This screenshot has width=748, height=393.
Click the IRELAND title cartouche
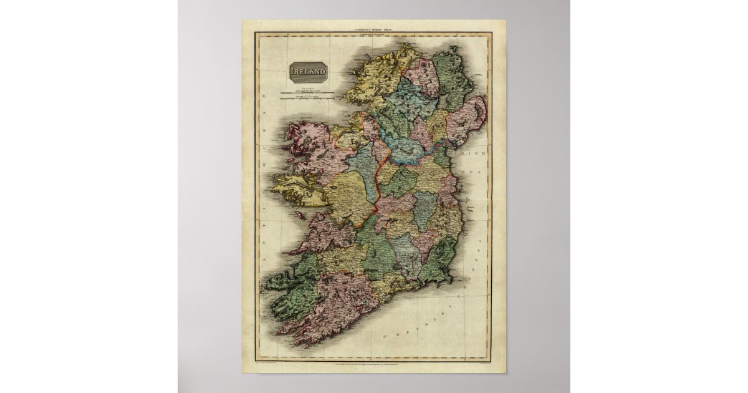point(309,72)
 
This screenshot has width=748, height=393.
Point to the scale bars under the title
point(305,95)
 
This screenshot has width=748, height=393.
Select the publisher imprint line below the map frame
point(373,362)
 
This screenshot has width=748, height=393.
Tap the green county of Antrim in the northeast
point(451,78)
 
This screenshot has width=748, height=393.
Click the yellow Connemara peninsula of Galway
point(299,187)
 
